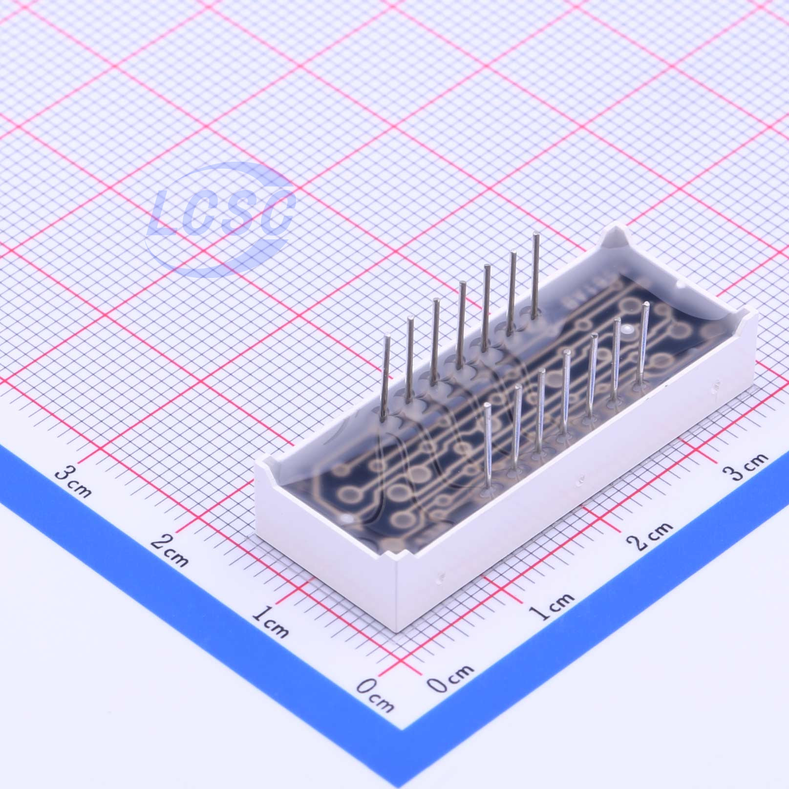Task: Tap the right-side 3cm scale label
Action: point(746,467)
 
